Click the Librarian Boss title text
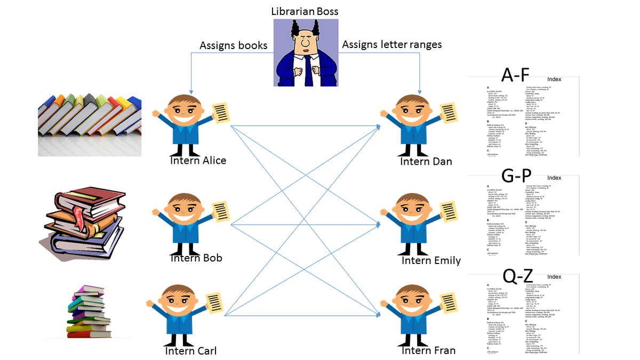pyautogui.click(x=305, y=11)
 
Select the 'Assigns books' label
pyautogui.click(x=233, y=45)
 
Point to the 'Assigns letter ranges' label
pyautogui.click(x=391, y=45)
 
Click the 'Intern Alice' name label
pyautogui.click(x=198, y=161)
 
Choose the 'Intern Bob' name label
pyautogui.click(x=196, y=258)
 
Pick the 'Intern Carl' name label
pyautogui.click(x=191, y=351)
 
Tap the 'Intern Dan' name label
pyautogui.click(x=426, y=161)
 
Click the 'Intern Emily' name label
pyautogui.click(x=431, y=260)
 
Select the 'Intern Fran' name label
pyautogui.click(x=428, y=351)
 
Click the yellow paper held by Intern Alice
pyautogui.click(x=220, y=113)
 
